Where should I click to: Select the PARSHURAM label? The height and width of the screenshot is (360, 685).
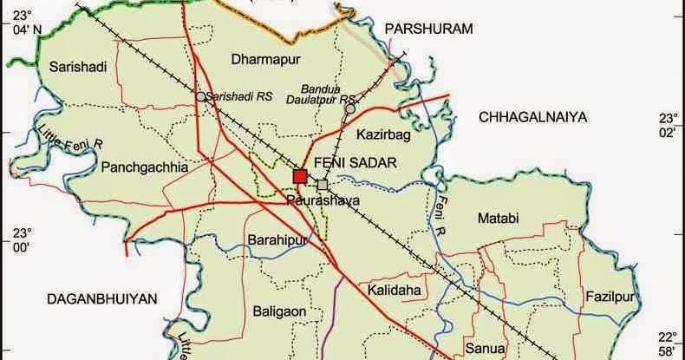[430, 29]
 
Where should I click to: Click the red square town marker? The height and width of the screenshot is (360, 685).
[300, 176]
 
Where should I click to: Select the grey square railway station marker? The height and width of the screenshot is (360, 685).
[323, 185]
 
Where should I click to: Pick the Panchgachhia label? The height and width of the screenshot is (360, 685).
[144, 167]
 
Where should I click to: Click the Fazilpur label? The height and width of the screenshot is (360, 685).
[610, 297]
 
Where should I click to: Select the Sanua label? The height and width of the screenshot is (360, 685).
[484, 327]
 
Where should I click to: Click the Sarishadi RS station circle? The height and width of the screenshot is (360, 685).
[200, 97]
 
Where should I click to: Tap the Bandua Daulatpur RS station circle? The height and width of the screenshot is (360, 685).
[349, 109]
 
